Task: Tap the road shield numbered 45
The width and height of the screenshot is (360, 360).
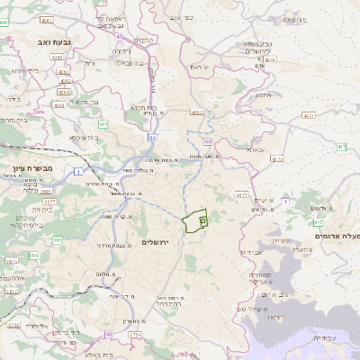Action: [x=120, y=37]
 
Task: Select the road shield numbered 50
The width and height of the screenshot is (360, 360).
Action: [x=153, y=137]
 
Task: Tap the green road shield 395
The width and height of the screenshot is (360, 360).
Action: [x=33, y=256]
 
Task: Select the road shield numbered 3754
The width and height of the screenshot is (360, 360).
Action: [x=135, y=334]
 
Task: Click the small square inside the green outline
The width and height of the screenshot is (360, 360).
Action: [x=202, y=219]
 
